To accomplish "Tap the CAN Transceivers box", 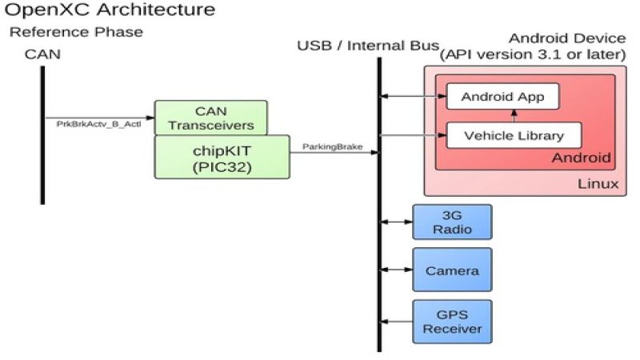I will pyautogui.click(x=210, y=117).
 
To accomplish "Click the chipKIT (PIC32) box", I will pyautogui.click(x=222, y=156).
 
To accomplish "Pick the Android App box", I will pyautogui.click(x=502, y=97).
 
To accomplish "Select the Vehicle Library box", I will pyautogui.click(x=513, y=135).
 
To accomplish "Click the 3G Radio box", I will pyautogui.click(x=452, y=222).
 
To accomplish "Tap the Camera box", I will pyautogui.click(x=452, y=270).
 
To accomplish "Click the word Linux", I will pyautogui.click(x=598, y=185).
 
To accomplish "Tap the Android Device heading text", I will pyautogui.click(x=566, y=39).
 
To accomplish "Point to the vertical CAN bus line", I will pyautogui.click(x=42, y=136).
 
